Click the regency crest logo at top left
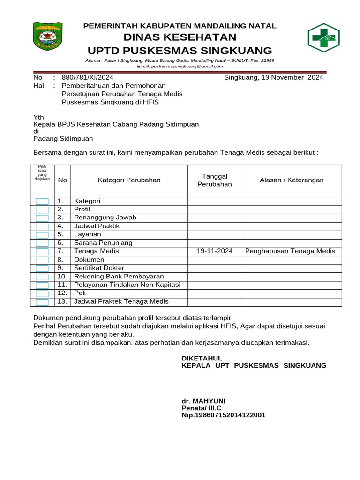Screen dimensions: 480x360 coord(47,36)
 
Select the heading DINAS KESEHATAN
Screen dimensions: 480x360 coord(180,37)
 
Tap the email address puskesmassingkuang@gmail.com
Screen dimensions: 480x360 coord(180,67)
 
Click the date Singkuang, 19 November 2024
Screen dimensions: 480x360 coord(273,78)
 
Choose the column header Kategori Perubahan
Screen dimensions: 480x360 coord(129,180)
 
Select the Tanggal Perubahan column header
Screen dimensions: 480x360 coord(215,180)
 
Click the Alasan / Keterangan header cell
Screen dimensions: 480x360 coord(292,180)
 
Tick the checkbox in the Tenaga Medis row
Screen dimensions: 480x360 coord(42,252)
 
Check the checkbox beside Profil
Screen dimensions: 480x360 coord(42,210)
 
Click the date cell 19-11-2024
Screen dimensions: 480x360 coord(215,251)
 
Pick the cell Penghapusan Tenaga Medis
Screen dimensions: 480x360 coord(290,251)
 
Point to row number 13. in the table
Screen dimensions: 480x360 coord(62,302)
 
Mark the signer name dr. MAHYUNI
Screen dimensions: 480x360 coord(203,401)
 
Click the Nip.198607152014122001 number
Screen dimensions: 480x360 coord(224,415)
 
